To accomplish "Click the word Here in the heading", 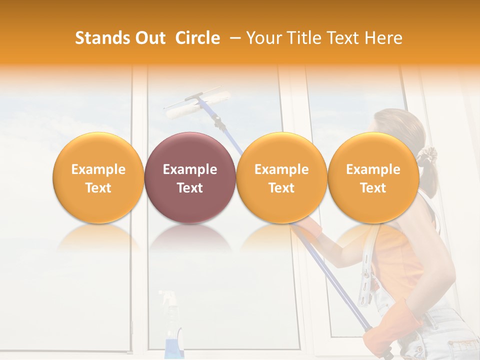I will click(383, 38).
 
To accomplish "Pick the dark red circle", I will click(190, 177).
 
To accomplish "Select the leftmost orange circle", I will click(98, 177).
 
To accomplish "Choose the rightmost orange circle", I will click(373, 177).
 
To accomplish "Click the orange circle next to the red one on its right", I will click(281, 177).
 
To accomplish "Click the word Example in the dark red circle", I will click(190, 169).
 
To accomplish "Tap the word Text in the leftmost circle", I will click(98, 188).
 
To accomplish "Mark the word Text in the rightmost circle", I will click(373, 188).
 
